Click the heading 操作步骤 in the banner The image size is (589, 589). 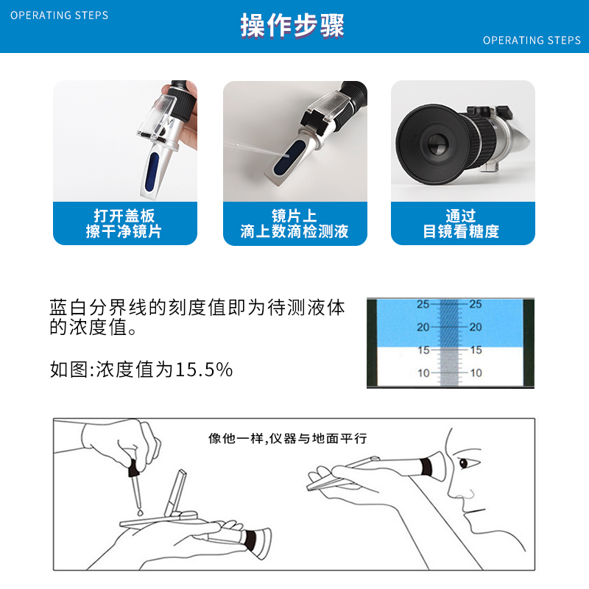click(x=292, y=26)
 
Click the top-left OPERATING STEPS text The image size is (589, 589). click(x=59, y=15)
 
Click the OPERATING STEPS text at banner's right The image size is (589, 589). click(x=532, y=40)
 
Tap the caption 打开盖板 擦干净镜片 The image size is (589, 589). click(x=124, y=224)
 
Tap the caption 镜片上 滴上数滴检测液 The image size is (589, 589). click(x=294, y=224)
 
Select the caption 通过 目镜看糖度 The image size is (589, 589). click(x=462, y=224)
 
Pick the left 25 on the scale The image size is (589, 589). click(x=423, y=304)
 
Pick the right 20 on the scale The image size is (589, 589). click(x=476, y=327)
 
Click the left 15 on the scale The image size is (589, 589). click(x=423, y=350)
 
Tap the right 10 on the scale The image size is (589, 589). click(x=476, y=373)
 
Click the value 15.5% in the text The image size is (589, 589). click(x=204, y=370)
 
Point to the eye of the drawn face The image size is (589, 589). click(x=463, y=463)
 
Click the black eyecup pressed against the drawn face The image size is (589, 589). click(x=426, y=467)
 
